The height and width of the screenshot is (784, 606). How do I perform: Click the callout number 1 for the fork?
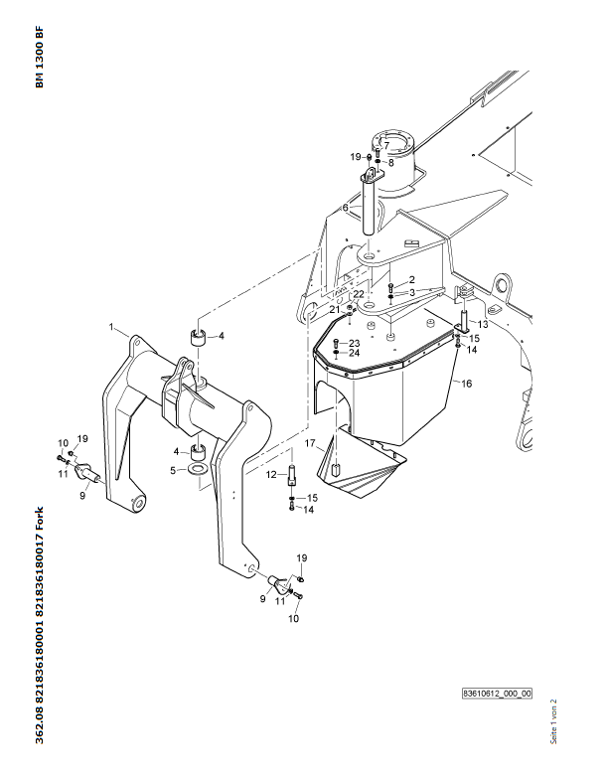[x=111, y=327]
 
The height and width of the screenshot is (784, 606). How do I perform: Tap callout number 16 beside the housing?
[x=466, y=384]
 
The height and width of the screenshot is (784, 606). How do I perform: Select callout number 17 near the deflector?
[x=310, y=443]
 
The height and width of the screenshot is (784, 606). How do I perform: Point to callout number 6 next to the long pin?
[x=345, y=208]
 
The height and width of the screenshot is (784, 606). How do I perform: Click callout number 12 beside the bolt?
[x=271, y=475]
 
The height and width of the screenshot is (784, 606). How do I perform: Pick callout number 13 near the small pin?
[x=483, y=325]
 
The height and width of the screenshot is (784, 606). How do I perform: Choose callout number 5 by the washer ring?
[x=173, y=471]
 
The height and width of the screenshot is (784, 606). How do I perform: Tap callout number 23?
[x=354, y=343]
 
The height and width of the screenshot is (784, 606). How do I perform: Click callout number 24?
[x=354, y=353]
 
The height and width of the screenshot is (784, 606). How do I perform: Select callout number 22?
[x=359, y=294]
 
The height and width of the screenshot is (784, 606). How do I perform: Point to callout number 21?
[x=335, y=310]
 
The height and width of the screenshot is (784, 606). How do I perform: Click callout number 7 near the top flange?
[x=386, y=146]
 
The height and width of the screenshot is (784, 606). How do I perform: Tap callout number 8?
[x=391, y=163]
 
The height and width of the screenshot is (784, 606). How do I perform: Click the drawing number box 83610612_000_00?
[x=497, y=694]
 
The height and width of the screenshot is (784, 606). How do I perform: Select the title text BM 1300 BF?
[x=40, y=57]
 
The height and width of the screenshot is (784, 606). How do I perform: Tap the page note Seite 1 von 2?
[x=553, y=721]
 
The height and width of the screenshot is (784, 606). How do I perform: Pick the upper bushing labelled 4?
[x=199, y=337]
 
